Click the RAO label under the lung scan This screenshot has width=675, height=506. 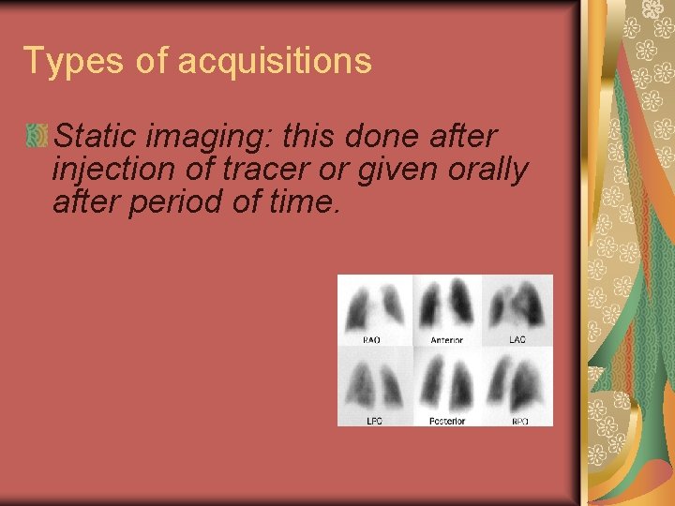(x=372, y=339)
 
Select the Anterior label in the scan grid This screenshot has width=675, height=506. (x=446, y=339)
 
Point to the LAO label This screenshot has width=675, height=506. (x=517, y=339)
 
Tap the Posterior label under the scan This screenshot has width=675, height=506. (x=446, y=421)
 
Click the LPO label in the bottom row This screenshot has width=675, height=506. (x=374, y=421)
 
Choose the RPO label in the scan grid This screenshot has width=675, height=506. (x=519, y=421)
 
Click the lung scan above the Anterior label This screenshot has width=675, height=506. (x=446, y=305)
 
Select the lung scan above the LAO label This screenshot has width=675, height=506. (x=517, y=305)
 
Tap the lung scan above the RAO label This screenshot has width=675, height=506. (x=374, y=305)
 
